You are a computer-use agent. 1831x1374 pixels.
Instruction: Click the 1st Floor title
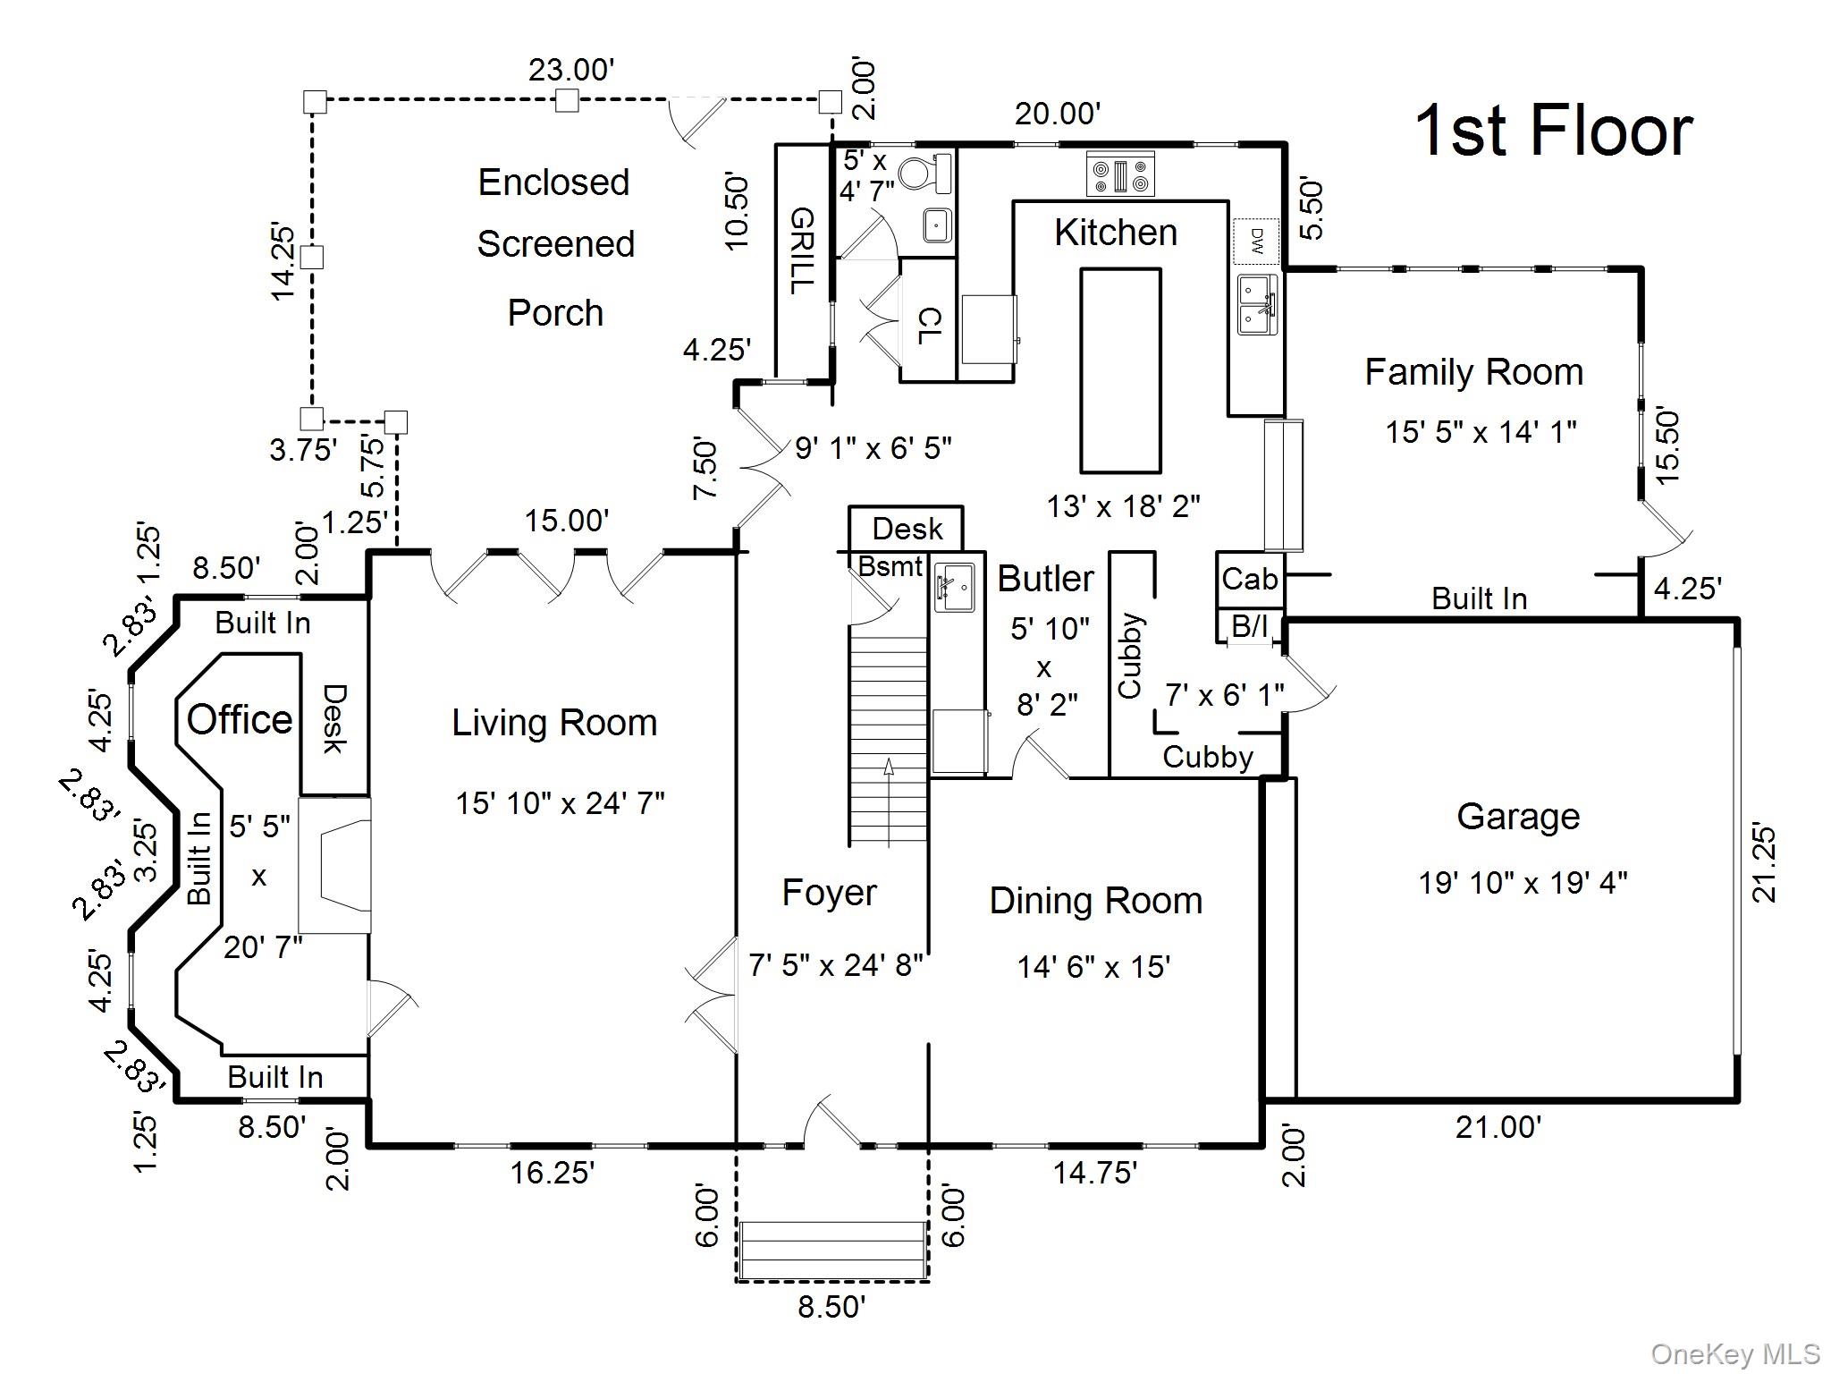tap(1553, 131)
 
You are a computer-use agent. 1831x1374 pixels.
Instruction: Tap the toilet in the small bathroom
tap(926, 173)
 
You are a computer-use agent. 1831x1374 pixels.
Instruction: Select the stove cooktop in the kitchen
tap(1120, 174)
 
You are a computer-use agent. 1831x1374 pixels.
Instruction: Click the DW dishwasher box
tap(1256, 241)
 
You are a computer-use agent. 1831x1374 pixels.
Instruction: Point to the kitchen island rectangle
tap(1120, 370)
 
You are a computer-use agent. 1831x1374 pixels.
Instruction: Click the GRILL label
tap(802, 250)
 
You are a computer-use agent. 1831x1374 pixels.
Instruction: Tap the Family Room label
tap(1473, 372)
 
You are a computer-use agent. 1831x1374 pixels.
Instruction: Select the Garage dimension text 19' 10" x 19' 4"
tap(1523, 883)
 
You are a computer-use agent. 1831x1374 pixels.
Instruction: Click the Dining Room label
tap(1095, 901)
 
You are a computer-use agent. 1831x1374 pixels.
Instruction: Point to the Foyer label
tap(829, 893)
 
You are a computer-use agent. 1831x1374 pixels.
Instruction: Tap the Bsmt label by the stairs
tap(890, 566)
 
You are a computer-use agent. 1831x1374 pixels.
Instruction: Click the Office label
tap(240, 719)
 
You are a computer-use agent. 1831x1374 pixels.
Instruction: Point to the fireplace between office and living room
tap(334, 866)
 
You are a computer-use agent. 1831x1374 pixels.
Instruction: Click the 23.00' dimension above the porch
tap(571, 70)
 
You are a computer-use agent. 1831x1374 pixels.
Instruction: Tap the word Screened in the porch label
tap(555, 244)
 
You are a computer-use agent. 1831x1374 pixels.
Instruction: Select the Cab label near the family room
tap(1249, 580)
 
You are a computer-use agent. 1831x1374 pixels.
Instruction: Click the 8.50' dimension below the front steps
tap(831, 1307)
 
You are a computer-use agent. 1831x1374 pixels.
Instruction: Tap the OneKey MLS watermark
tap(1734, 1354)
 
